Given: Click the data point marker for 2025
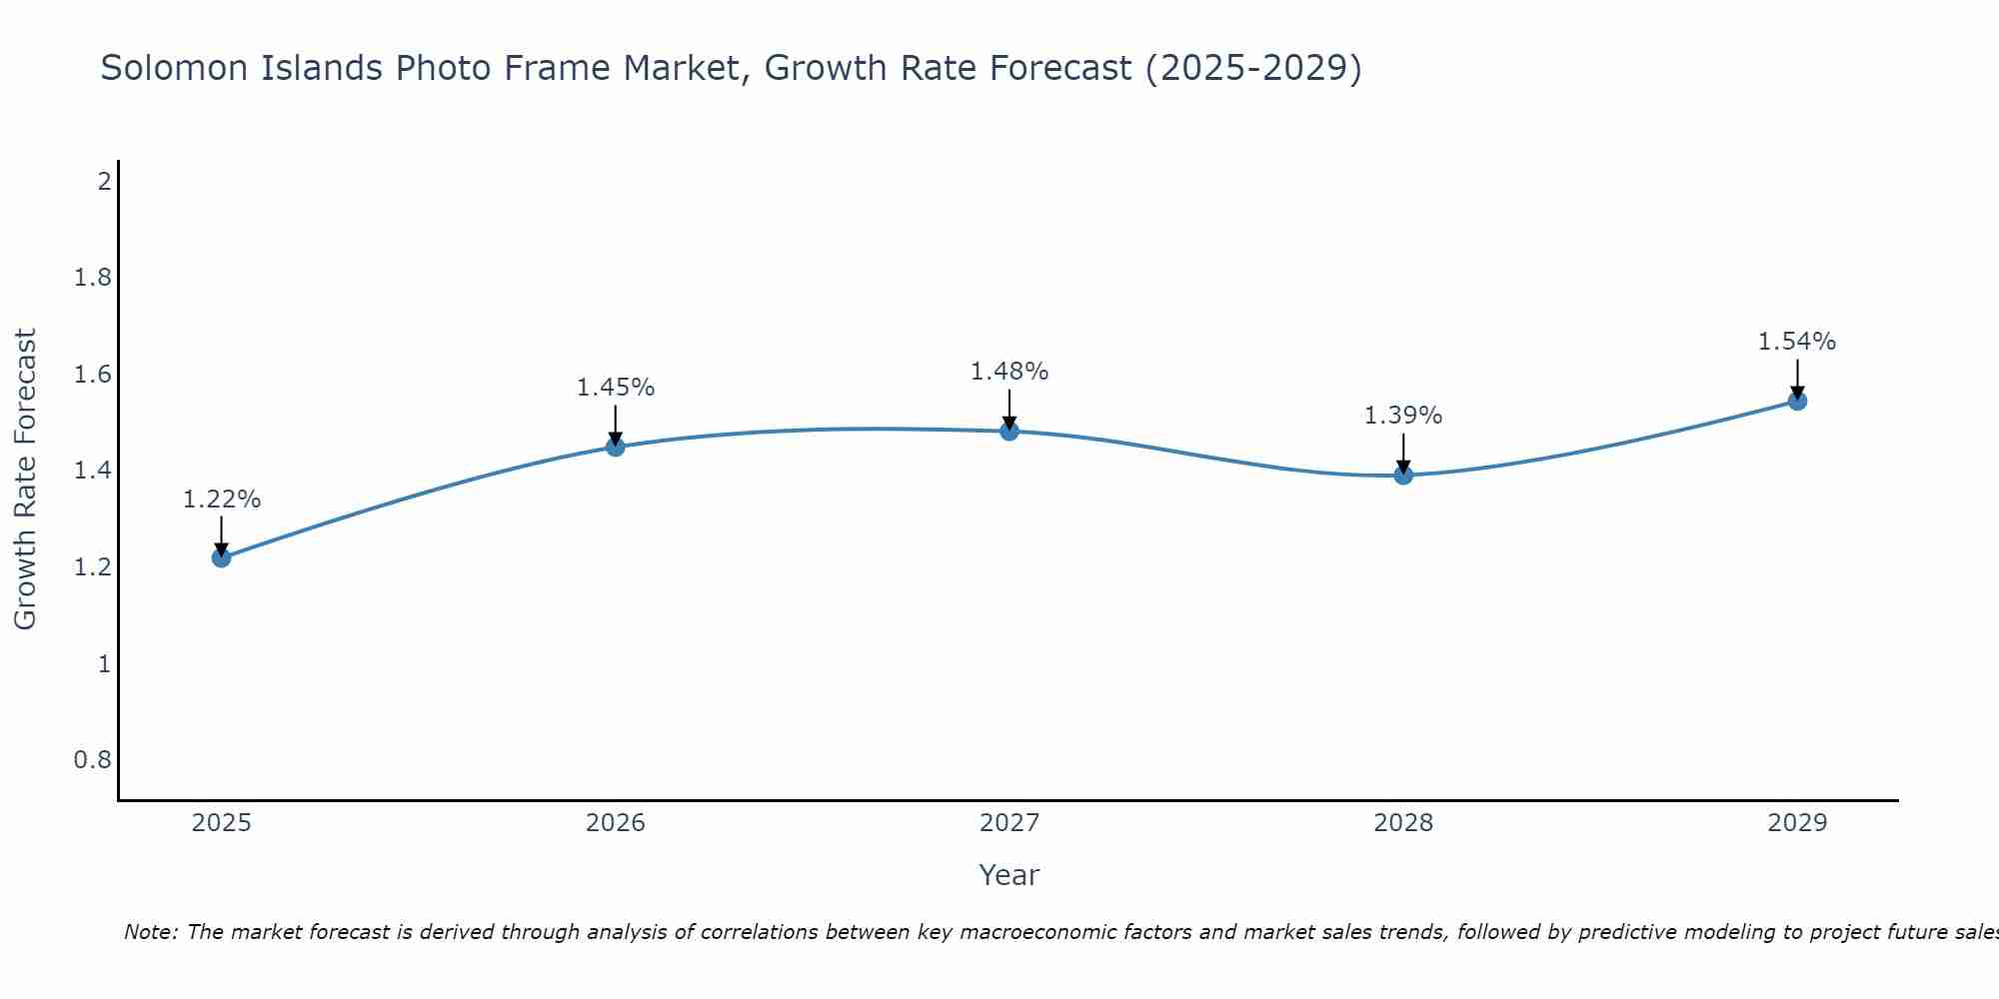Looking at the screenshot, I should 222,557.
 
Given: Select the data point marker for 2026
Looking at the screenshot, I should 616,447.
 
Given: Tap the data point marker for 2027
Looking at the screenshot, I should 1009,432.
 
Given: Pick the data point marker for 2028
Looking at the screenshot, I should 1403,475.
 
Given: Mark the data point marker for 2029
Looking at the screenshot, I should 1797,402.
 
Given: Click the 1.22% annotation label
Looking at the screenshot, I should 222,499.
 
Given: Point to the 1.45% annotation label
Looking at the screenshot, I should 616,388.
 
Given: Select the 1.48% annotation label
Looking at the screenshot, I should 1009,372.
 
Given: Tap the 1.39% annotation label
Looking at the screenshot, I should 1403,416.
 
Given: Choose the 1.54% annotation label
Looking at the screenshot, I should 1797,342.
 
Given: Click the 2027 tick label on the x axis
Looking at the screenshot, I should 1009,823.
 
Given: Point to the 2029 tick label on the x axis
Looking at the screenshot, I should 1797,823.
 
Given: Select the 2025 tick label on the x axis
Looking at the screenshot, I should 222,823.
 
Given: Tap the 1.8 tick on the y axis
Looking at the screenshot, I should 92,278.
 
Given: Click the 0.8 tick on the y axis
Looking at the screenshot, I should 92,760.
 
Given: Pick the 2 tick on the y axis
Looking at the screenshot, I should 103,182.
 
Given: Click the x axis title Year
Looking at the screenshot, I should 1009,875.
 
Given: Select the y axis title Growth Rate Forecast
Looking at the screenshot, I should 26,480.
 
